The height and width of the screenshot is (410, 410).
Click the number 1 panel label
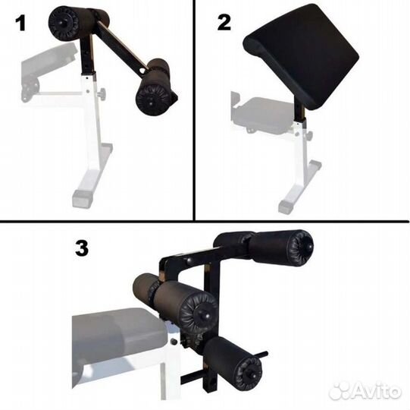tap(20, 23)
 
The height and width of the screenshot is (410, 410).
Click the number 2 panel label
tap(224, 23)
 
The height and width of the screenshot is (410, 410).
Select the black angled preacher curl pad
tap(301, 55)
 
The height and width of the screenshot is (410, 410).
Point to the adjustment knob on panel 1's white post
tap(102, 93)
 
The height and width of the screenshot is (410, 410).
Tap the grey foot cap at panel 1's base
tap(83, 199)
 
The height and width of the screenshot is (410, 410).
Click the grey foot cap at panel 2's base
tap(286, 207)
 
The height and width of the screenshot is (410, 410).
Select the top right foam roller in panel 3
tap(264, 247)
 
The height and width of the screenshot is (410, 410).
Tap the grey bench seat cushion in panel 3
tap(119, 338)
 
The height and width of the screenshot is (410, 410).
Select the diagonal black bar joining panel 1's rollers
tap(122, 47)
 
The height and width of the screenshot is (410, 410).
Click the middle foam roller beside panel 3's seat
tap(175, 298)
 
